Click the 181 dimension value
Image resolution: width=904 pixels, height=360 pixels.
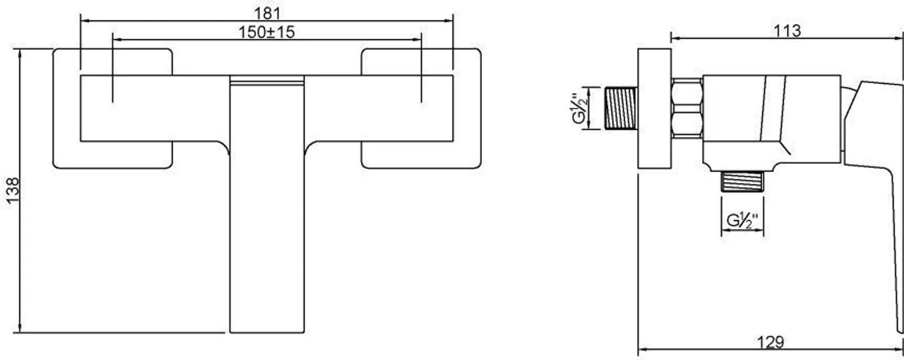click(267, 14)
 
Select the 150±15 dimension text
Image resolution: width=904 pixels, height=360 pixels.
click(267, 32)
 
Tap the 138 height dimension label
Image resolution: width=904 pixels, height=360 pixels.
click(12, 191)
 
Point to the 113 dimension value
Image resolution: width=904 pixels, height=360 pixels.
click(787, 31)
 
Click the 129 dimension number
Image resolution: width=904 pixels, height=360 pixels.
click(770, 342)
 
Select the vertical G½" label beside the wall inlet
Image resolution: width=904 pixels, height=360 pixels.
click(579, 109)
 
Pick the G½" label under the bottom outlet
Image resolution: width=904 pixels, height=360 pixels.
click(742, 221)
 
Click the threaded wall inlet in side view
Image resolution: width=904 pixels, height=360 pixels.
click(621, 108)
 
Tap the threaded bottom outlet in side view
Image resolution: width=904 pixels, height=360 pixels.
click(742, 182)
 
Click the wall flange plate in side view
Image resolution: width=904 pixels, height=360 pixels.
click(654, 108)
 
